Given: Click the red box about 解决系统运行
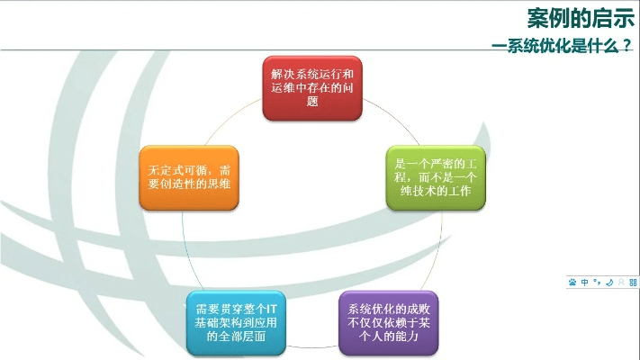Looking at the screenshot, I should (312, 88).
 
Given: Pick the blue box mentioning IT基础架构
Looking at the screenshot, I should (237, 322).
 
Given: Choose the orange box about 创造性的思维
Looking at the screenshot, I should (189, 178).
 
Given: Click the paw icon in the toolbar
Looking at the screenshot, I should (572, 283).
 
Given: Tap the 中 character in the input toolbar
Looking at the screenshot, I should (585, 283).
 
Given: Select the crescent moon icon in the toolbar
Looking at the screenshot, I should (609, 283).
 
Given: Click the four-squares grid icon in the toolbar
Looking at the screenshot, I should (633, 283).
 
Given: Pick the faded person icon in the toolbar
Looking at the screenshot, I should (621, 283).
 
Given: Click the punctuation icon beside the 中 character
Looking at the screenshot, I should (597, 283).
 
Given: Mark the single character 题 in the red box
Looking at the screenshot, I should (312, 103).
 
